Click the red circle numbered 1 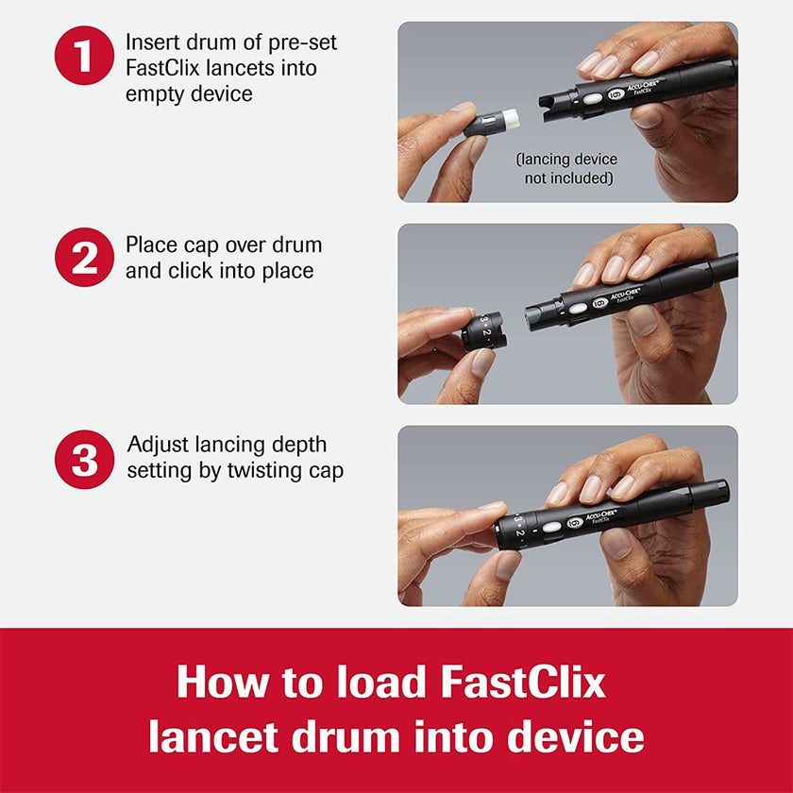tap(84, 57)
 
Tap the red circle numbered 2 tap(84, 257)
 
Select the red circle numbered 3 tap(84, 460)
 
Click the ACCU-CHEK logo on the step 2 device tap(627, 298)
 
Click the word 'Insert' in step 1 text tap(156, 42)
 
